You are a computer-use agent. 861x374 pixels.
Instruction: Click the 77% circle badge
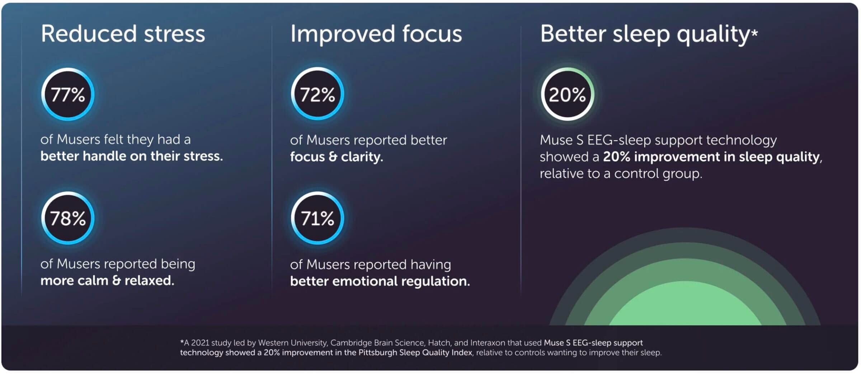(x=68, y=94)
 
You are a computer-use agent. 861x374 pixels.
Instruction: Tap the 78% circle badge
(x=68, y=218)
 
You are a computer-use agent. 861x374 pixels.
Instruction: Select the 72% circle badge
(x=317, y=94)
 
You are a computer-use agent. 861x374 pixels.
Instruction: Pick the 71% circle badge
(x=317, y=218)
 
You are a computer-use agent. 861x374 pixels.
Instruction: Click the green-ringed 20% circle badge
(x=567, y=94)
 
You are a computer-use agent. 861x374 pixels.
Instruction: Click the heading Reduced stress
(x=123, y=34)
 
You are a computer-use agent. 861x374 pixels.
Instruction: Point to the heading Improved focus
(x=376, y=34)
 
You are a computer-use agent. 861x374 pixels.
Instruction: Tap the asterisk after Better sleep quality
(x=754, y=33)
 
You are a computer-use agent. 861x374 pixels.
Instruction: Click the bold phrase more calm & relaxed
(x=107, y=280)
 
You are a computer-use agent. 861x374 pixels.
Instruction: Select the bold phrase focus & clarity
(x=336, y=156)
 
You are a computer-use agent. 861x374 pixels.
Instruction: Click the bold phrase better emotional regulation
(x=380, y=281)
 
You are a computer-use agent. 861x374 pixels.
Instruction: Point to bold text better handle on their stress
(x=131, y=156)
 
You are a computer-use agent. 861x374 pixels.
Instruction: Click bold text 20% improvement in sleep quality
(x=711, y=156)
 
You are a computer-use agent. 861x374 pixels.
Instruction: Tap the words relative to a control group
(x=621, y=174)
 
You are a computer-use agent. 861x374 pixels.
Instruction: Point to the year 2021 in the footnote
(x=200, y=343)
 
